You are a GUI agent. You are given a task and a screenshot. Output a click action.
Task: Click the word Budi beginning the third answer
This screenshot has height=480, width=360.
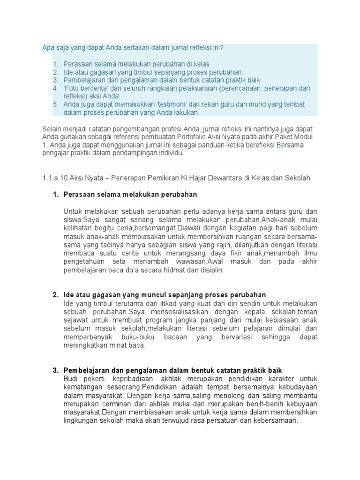point(71,378)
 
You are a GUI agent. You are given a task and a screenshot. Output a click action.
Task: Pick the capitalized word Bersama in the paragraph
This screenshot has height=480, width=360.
point(290,144)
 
